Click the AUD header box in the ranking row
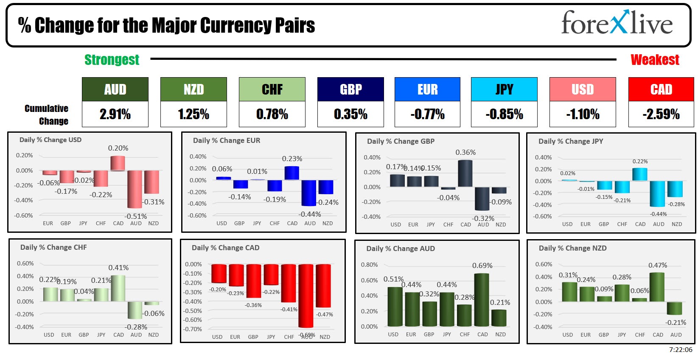coord(115,89)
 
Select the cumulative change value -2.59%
coord(661,114)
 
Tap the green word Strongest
coord(112,60)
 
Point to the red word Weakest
coord(655,60)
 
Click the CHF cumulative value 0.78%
coord(272,114)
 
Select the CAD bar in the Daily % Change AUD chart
coord(482,299)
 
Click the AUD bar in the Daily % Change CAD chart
coord(306,296)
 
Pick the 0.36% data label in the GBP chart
coord(465,152)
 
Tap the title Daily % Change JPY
coord(570,141)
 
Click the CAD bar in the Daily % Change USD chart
coord(118,163)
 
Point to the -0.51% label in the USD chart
coord(136,216)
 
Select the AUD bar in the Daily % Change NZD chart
coord(675,308)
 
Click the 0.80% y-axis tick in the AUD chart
coord(369,265)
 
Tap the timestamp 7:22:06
coord(680,350)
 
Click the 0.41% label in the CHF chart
coord(118,268)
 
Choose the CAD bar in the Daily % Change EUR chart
coord(292,173)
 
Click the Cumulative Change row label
coord(47,114)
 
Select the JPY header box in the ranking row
coord(504,89)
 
